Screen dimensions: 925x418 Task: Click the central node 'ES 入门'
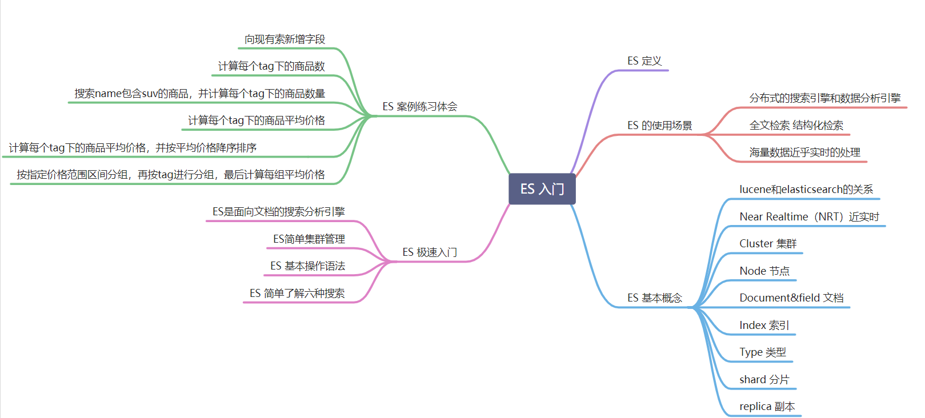(x=542, y=189)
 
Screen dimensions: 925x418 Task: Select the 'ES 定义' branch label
(x=644, y=61)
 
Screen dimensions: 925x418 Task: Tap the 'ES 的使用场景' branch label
(x=659, y=126)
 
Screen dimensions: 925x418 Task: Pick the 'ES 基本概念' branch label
(x=654, y=298)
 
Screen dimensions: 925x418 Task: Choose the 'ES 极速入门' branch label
(x=429, y=252)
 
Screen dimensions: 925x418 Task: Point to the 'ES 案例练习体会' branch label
(x=419, y=107)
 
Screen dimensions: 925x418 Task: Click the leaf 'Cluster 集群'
(x=767, y=244)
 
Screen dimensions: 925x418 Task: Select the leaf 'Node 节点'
(x=764, y=271)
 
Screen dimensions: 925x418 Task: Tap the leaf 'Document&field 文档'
(x=791, y=298)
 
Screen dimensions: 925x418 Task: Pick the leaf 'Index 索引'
(x=764, y=325)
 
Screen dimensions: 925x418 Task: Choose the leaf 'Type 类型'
(x=762, y=352)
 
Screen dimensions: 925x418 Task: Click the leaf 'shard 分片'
(x=764, y=380)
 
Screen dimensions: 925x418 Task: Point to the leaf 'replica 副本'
(x=767, y=407)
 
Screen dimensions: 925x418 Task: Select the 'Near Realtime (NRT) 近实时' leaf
(x=809, y=217)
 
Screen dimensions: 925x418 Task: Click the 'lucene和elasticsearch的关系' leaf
(x=806, y=190)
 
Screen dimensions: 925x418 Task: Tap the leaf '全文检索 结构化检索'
(x=796, y=126)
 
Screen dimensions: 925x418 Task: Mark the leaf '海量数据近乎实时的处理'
(x=804, y=152)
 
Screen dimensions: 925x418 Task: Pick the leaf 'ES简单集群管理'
(x=309, y=239)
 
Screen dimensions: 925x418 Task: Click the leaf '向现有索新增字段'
(x=285, y=39)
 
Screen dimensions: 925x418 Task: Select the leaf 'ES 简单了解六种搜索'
(x=297, y=294)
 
